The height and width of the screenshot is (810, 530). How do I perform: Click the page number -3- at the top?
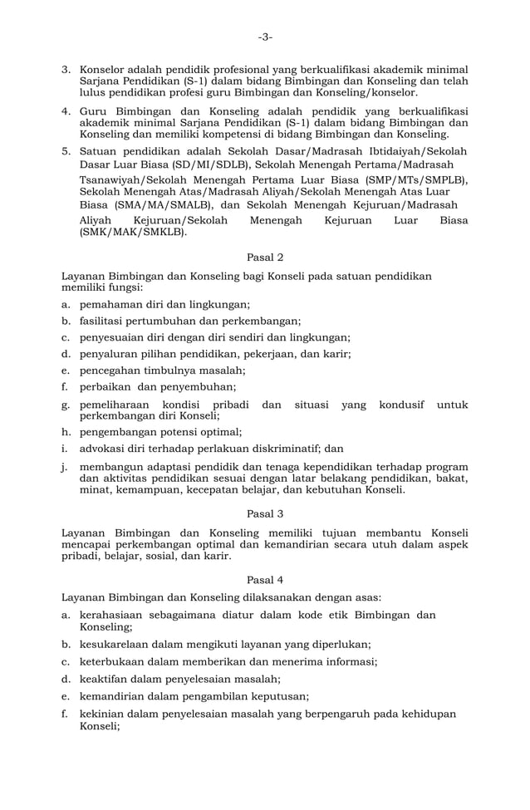point(264,37)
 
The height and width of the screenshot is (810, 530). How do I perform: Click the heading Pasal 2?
point(265,258)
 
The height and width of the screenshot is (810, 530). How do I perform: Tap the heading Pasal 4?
point(265,577)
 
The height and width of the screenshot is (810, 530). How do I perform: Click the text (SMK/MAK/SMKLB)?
point(133,233)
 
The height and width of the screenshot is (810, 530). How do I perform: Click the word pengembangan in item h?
point(119,431)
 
